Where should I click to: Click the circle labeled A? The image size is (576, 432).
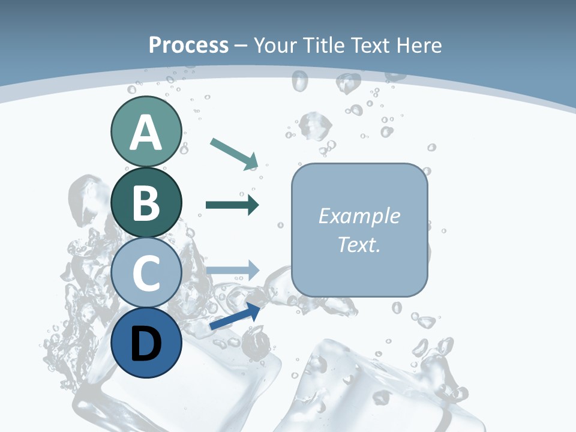[x=146, y=131]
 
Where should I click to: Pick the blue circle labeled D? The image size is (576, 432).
[x=146, y=343]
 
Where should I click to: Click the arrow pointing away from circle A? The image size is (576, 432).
[x=235, y=153]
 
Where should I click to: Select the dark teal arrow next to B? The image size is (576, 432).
[x=232, y=205]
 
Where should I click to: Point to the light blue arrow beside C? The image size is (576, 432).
[x=233, y=270]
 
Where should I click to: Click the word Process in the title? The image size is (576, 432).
[x=188, y=45]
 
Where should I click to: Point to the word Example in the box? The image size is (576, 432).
[x=359, y=216]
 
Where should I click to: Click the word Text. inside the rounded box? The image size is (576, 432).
[x=359, y=244]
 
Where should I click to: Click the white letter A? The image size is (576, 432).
[x=146, y=133]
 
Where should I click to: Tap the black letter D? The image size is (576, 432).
[x=146, y=344]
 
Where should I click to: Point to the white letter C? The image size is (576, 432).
[x=146, y=273]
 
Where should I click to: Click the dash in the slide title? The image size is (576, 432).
[x=241, y=46]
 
